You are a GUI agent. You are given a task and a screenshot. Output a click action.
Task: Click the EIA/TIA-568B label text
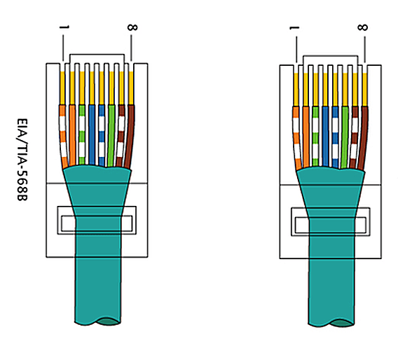tap(22, 160)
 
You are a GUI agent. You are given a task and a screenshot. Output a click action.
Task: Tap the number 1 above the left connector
tap(64, 27)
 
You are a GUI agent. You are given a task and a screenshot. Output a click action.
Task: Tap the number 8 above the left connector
tap(132, 27)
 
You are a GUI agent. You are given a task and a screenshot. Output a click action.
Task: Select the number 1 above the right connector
tap(294, 28)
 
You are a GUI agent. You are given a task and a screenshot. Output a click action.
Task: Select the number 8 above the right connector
tap(362, 27)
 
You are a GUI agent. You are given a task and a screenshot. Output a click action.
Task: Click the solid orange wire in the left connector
tap(72, 135)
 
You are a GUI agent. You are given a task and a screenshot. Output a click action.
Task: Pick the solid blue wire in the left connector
tap(92, 134)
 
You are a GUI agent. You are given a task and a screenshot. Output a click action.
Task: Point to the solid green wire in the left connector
tap(111, 135)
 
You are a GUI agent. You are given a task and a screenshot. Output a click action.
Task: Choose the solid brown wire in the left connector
tap(130, 137)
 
